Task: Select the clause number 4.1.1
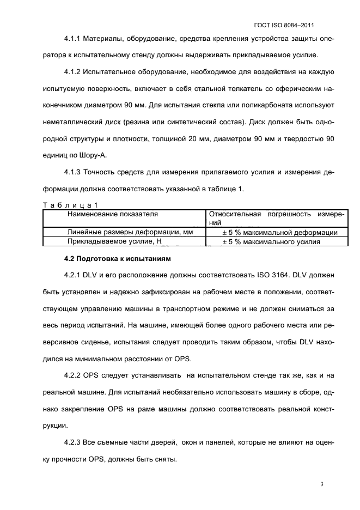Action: pyautogui.click(x=72, y=40)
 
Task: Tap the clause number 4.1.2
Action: pyautogui.click(x=72, y=72)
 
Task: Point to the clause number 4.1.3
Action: pyautogui.click(x=72, y=173)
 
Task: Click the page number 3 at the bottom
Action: pyautogui.click(x=322, y=484)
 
